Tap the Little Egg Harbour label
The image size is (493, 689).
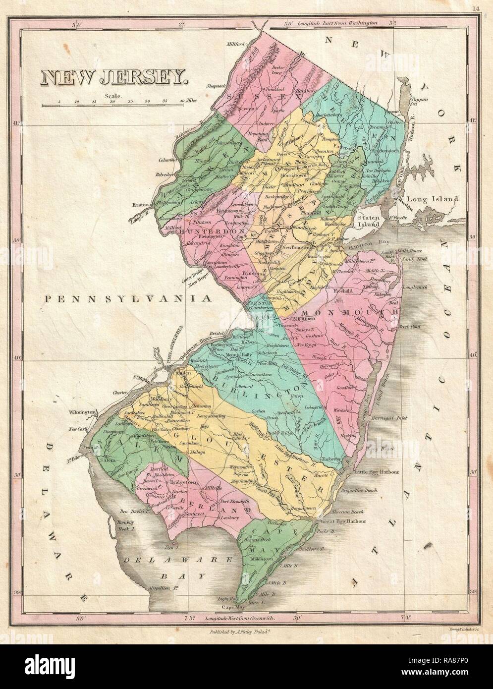pyautogui.click(x=378, y=473)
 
